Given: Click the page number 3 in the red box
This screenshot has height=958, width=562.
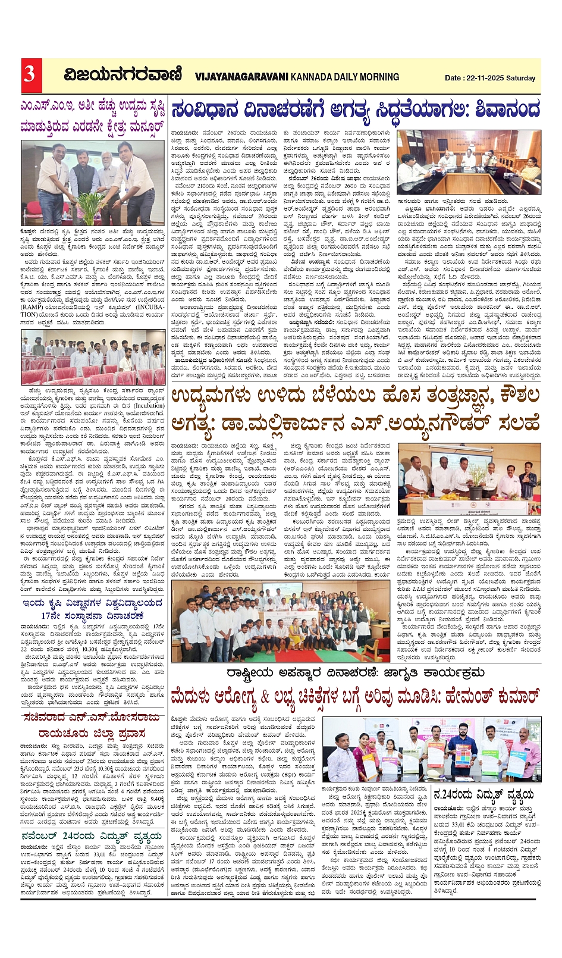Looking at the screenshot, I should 29,75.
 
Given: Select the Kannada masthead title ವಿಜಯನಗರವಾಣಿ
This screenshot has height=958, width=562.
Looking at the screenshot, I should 123,76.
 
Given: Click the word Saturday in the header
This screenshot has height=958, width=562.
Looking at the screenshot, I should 521,78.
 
